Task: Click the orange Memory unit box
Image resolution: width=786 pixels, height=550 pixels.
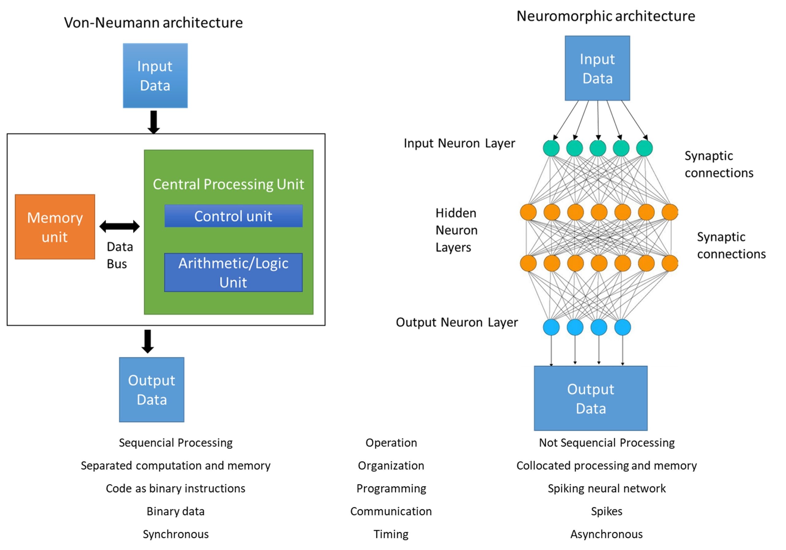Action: [x=55, y=227]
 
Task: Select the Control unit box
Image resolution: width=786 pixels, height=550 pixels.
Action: [x=233, y=216]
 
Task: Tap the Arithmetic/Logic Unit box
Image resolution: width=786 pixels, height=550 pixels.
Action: [x=233, y=273]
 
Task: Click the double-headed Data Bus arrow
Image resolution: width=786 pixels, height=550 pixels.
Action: [x=119, y=226]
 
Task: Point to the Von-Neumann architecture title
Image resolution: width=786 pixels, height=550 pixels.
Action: [x=154, y=23]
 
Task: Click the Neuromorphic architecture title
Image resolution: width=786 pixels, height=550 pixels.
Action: [x=605, y=16]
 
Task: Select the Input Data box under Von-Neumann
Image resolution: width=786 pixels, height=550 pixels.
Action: [x=155, y=76]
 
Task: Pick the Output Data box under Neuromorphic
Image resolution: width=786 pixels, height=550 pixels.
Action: [x=590, y=398]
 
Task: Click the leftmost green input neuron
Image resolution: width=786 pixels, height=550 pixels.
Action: [x=551, y=148]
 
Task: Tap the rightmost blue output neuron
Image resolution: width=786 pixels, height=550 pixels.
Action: [x=622, y=327]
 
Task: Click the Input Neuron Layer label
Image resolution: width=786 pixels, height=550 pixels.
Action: [x=459, y=143]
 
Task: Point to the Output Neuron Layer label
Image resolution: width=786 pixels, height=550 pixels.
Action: [x=457, y=322]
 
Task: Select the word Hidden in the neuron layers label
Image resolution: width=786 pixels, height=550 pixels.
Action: [x=456, y=213]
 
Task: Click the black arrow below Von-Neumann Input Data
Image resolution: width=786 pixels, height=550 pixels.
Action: [x=154, y=122]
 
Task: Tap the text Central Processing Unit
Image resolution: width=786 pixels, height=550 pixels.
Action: [x=228, y=184]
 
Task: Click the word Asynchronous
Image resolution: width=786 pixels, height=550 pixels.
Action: [x=606, y=534]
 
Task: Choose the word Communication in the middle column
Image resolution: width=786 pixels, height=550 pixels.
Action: [x=391, y=511]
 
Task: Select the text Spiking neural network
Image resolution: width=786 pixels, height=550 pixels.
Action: [x=607, y=488]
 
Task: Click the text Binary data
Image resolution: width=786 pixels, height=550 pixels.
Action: [x=176, y=511]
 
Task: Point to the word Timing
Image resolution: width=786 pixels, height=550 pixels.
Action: [x=391, y=534]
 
